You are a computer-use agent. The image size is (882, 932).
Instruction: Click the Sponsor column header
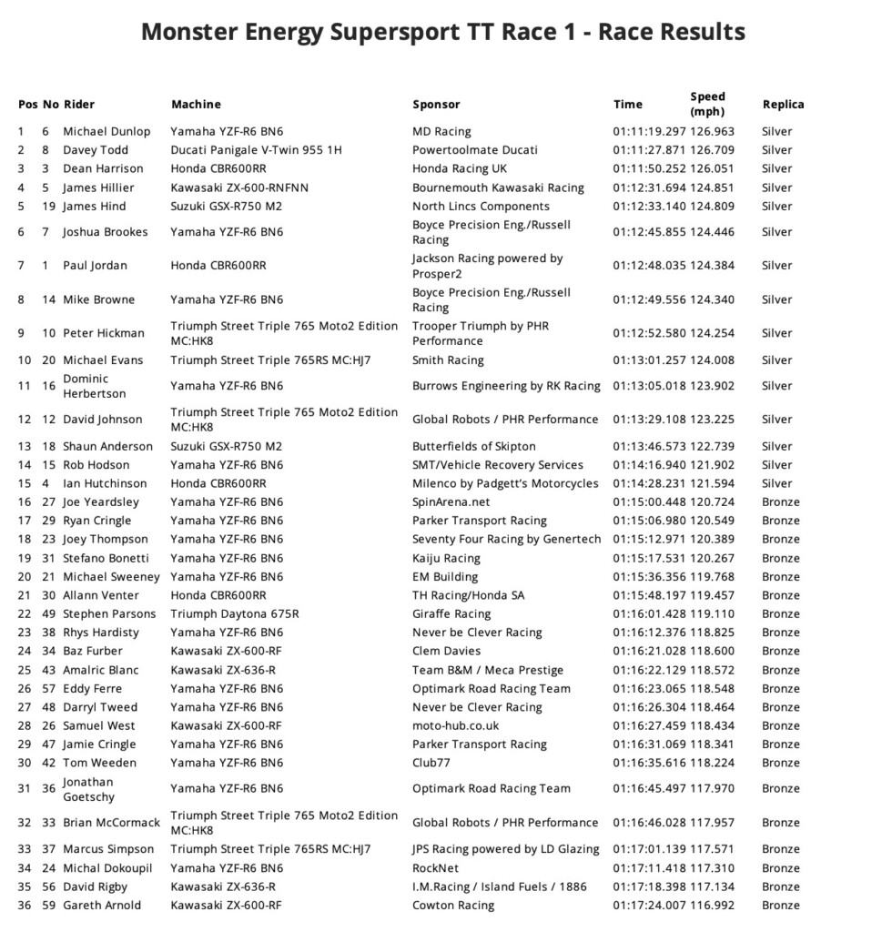436,105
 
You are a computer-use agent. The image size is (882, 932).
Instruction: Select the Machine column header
196,105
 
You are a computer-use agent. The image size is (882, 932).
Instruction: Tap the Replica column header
783,105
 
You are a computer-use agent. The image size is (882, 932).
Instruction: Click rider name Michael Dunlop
106,132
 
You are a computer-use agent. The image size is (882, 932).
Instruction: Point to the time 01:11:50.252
649,169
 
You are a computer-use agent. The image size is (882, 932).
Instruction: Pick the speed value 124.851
720,187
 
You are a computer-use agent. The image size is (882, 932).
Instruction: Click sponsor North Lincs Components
481,207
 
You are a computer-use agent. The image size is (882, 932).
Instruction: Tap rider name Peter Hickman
104,333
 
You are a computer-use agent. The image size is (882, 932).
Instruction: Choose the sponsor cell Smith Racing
448,360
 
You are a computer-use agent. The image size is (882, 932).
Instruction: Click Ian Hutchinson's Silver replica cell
776,484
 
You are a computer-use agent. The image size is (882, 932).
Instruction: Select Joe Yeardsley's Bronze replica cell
780,502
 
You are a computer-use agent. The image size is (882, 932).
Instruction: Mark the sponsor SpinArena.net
451,502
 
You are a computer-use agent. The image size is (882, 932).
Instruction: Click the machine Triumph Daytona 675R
235,614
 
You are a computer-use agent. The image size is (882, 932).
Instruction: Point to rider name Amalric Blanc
100,670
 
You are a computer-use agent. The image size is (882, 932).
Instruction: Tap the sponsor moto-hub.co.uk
455,726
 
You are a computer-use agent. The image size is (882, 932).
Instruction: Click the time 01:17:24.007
649,906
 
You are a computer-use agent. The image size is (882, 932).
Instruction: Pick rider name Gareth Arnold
102,906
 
